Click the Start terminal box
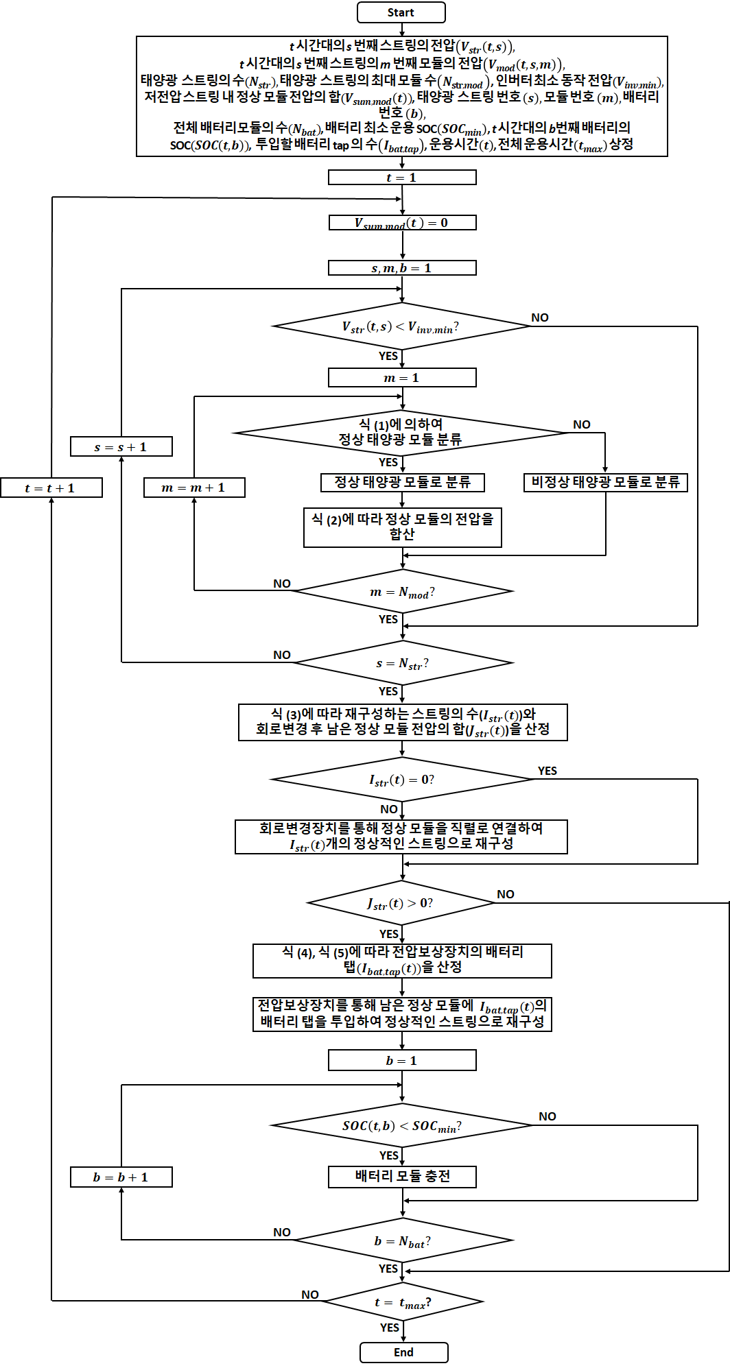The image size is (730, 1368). (x=401, y=12)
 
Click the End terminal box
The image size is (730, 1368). (x=403, y=1352)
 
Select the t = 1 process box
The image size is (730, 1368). (x=402, y=178)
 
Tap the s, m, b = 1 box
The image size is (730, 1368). (x=402, y=268)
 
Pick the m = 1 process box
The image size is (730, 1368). (x=402, y=378)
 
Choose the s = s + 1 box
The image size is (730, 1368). (x=121, y=447)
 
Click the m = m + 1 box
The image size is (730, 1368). (x=194, y=488)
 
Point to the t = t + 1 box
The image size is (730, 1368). (x=51, y=488)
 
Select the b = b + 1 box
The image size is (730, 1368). (x=121, y=1177)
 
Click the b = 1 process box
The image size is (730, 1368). (x=402, y=1061)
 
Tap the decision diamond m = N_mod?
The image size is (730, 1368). (x=403, y=592)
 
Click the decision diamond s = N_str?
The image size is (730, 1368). (x=403, y=663)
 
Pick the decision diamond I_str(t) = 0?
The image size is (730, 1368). (x=402, y=780)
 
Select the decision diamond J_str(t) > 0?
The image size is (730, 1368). (x=401, y=903)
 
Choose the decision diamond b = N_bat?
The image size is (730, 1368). (x=403, y=1241)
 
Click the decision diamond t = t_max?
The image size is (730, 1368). (x=403, y=1302)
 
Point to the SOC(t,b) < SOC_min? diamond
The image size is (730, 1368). (x=402, y=1126)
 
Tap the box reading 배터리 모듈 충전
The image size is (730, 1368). (x=403, y=1177)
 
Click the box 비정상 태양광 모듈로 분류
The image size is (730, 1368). (x=605, y=482)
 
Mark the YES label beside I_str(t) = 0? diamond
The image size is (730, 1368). (x=547, y=771)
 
